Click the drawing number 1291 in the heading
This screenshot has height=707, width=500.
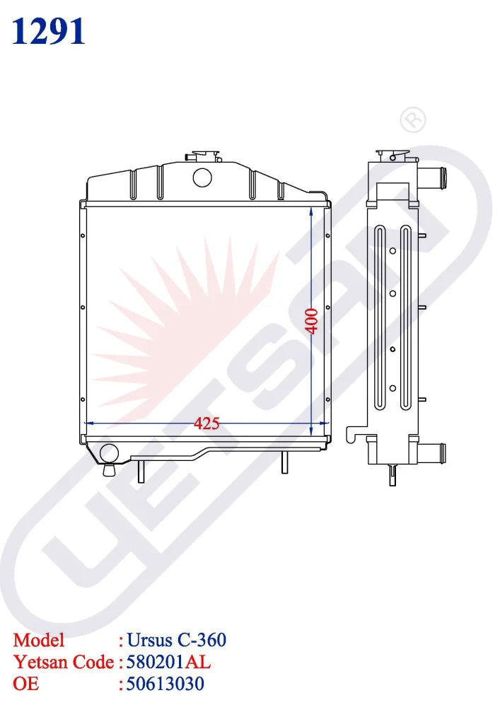click(x=49, y=32)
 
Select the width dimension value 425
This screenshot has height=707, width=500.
click(x=207, y=423)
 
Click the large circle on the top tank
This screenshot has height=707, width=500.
click(x=202, y=176)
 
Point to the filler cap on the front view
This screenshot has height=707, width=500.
click(x=202, y=156)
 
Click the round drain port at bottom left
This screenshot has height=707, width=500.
click(x=109, y=453)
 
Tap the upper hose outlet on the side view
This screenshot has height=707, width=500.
click(x=436, y=173)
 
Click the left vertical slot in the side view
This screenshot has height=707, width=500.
click(x=380, y=318)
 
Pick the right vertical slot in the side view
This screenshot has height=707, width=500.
click(x=405, y=318)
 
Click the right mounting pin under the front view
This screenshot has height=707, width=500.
click(x=284, y=462)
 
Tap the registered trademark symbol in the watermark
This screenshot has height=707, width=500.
click(x=413, y=121)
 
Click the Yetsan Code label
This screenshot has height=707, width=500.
click(x=64, y=662)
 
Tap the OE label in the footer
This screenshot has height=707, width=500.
click(x=26, y=684)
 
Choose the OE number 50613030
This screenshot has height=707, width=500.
click(x=165, y=684)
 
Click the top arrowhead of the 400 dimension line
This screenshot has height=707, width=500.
click(x=312, y=211)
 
